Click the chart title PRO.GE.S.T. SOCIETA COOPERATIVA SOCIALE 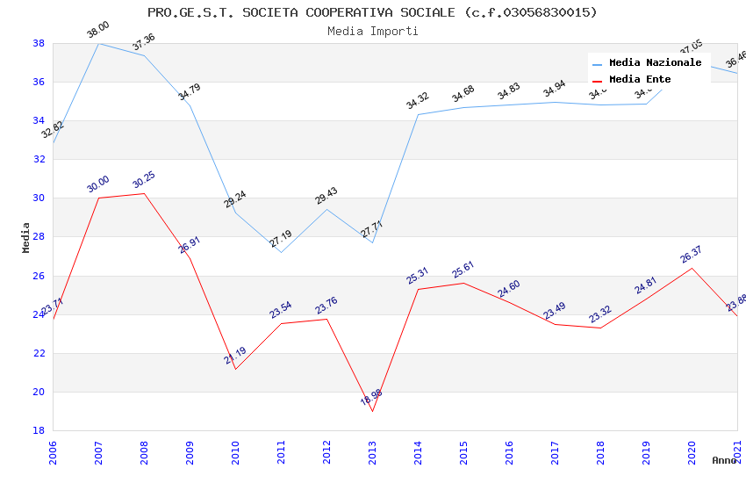tap(372, 12)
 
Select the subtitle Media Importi tap(372, 31)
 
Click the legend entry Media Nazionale tap(655, 62)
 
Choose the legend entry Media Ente tap(640, 79)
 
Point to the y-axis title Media tap(25, 237)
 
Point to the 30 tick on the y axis tap(39, 198)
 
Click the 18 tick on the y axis tap(39, 430)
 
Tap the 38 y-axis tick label tap(39, 43)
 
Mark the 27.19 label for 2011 tap(281, 238)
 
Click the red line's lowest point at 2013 tap(372, 411)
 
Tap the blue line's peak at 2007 tap(98, 43)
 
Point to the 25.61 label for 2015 tap(463, 269)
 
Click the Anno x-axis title tap(724, 460)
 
